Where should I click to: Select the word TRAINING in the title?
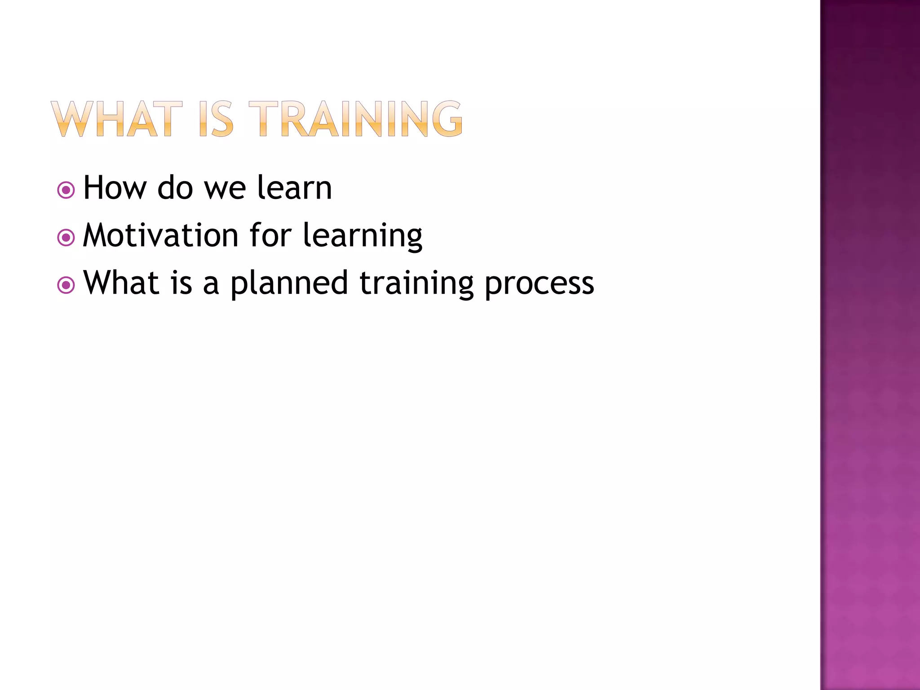click(x=355, y=119)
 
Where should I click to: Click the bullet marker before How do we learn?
click(x=66, y=190)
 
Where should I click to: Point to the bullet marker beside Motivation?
click(x=66, y=238)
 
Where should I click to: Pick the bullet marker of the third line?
click(x=66, y=285)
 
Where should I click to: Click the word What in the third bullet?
click(x=121, y=283)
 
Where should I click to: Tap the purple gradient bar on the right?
click(x=870, y=345)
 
